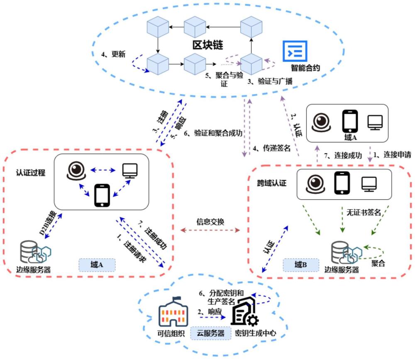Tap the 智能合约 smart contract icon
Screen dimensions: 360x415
coord(295,51)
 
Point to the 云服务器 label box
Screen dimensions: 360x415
coord(210,333)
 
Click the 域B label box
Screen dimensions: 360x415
coord(300,264)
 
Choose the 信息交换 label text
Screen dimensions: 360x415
coord(210,221)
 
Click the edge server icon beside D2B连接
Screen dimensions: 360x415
coord(35,252)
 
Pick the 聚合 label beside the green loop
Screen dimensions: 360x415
coord(378,263)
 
